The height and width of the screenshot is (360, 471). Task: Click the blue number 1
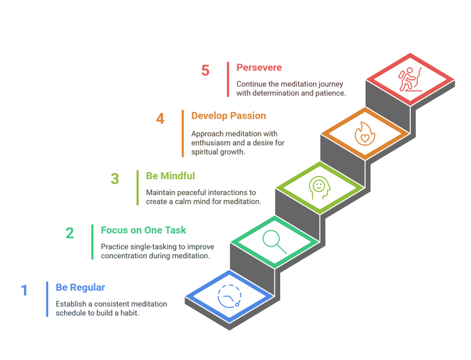pyautogui.click(x=24, y=291)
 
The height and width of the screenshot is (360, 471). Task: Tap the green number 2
pyautogui.click(x=70, y=233)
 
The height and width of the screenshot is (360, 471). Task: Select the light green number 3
pyautogui.click(x=115, y=179)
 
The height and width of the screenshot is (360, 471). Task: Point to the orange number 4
pyautogui.click(x=160, y=119)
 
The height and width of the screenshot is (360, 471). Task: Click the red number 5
pyautogui.click(x=205, y=70)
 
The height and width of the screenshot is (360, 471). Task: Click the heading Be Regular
pyautogui.click(x=80, y=288)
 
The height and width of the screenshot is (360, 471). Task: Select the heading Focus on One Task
pyautogui.click(x=143, y=230)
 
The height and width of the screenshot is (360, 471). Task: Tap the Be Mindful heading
pyautogui.click(x=170, y=176)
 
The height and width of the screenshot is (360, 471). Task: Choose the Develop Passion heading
pyautogui.click(x=229, y=116)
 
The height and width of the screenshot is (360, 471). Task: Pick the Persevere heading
pyautogui.click(x=259, y=68)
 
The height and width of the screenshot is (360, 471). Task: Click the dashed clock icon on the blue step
pyautogui.click(x=229, y=297)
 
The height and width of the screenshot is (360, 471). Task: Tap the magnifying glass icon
pyautogui.click(x=274, y=242)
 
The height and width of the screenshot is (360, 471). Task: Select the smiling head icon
pyautogui.click(x=320, y=188)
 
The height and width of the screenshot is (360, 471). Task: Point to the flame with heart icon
pyautogui.click(x=365, y=134)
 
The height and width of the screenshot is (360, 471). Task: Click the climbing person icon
pyautogui.click(x=410, y=79)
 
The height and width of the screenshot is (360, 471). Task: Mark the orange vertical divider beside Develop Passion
pyautogui.click(x=183, y=133)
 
